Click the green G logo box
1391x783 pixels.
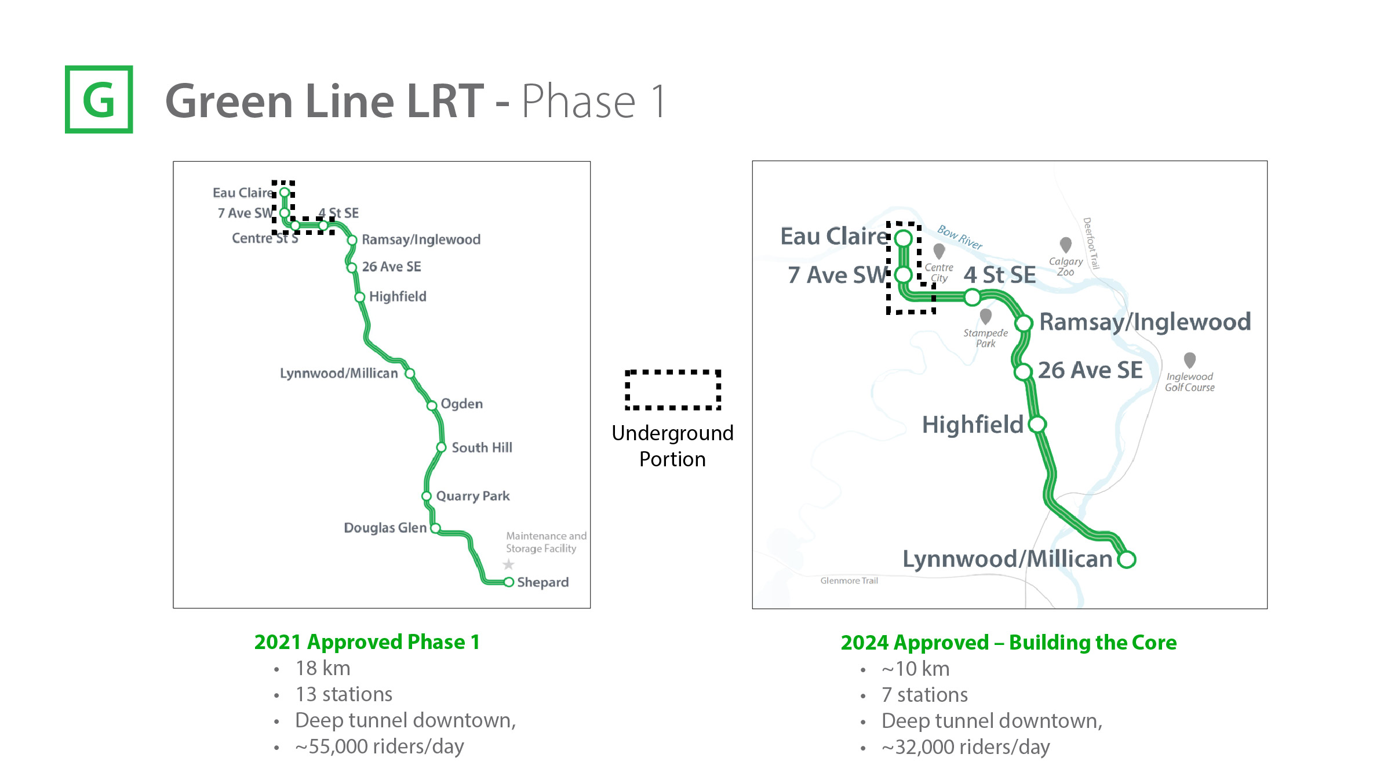(x=99, y=99)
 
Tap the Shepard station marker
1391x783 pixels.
(x=508, y=582)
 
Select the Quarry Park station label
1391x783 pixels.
(x=473, y=496)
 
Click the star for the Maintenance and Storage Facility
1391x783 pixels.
(x=508, y=564)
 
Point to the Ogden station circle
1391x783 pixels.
(x=432, y=405)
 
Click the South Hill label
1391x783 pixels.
(x=482, y=447)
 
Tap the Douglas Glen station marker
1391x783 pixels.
(x=435, y=528)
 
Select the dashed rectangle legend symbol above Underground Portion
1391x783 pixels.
(x=672, y=390)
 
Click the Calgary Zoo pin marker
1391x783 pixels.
(x=1065, y=244)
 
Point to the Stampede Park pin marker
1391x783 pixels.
(x=985, y=316)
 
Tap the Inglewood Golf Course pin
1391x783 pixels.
(x=1189, y=360)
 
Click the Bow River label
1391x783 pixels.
(x=960, y=237)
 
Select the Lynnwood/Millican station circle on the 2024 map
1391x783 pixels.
(x=1127, y=560)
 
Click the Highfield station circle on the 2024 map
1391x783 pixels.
(x=1037, y=425)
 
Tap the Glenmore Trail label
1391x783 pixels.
(x=849, y=581)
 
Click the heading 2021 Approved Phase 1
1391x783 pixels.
(x=367, y=642)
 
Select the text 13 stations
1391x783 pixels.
(x=344, y=694)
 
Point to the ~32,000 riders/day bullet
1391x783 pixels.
(x=966, y=747)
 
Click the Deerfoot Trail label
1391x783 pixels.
(x=1091, y=243)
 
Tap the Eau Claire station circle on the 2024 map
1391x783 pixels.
(x=903, y=238)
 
